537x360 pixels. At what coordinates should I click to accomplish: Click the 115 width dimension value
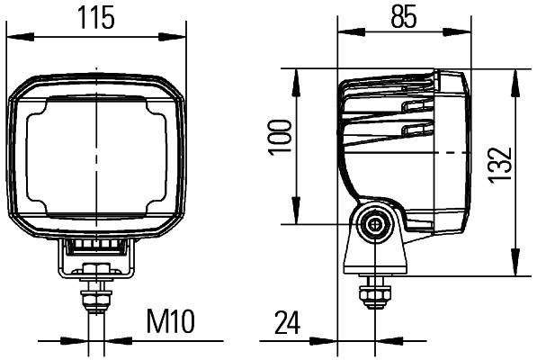click(x=99, y=18)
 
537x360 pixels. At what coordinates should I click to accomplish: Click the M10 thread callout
click(x=170, y=319)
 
